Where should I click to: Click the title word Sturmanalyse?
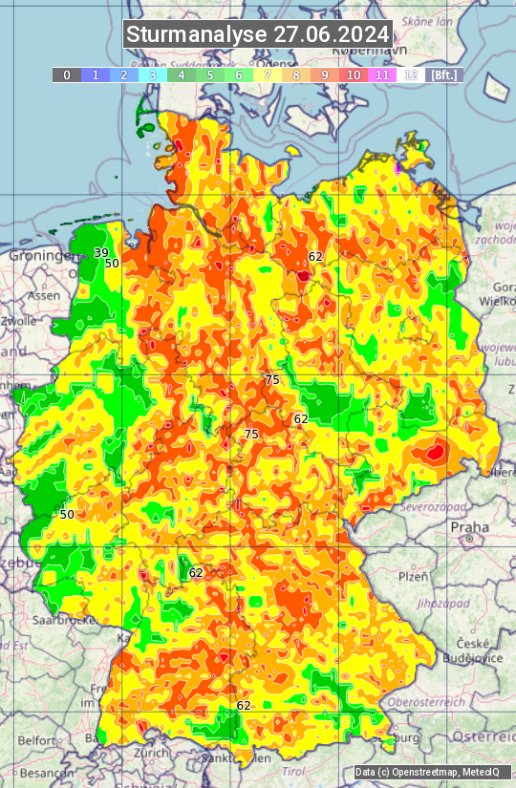[197, 34]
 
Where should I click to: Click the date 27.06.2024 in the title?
[332, 34]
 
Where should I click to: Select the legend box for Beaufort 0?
[66, 75]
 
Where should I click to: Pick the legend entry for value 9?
[325, 75]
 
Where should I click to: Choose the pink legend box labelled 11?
[382, 75]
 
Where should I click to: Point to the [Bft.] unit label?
[444, 75]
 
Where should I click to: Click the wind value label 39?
[100, 252]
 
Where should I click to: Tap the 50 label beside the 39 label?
[112, 264]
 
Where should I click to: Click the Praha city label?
[469, 526]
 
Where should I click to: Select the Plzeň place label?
[413, 577]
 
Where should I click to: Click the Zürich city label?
[152, 753]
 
